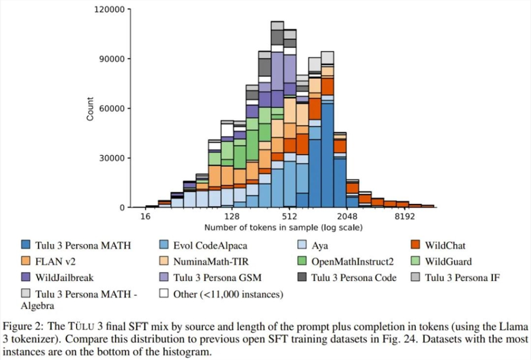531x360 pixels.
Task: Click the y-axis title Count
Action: [90, 109]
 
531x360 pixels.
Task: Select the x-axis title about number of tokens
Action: [283, 227]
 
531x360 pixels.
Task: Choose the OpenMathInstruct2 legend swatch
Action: [303, 261]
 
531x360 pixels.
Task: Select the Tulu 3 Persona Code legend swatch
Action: [303, 277]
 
